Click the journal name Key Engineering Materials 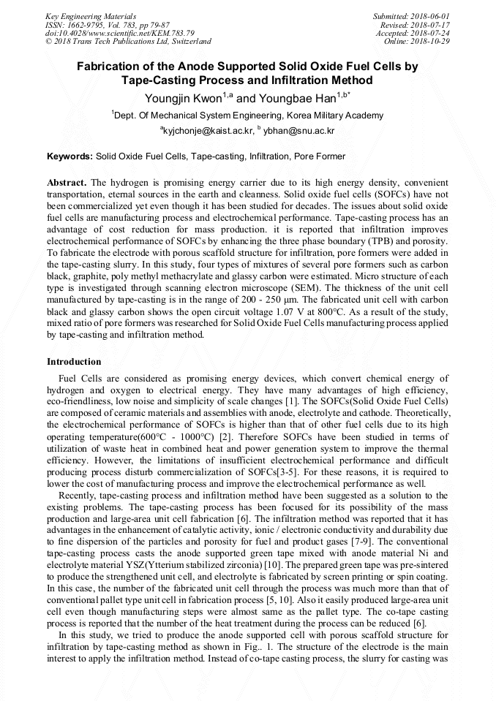[x=91, y=16]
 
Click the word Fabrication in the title [x=115, y=67]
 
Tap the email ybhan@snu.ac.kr [x=300, y=130]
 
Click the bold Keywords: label [x=69, y=156]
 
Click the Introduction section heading [x=74, y=362]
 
